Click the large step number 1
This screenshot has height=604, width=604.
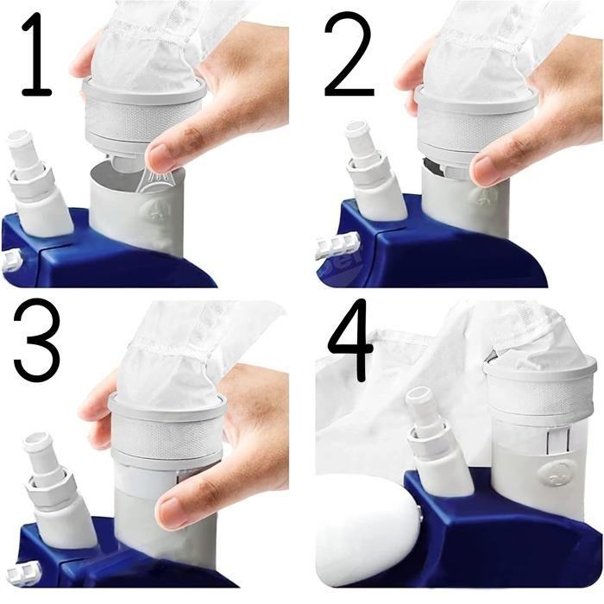35,54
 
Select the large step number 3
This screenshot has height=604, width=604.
36,340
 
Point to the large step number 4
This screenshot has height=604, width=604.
349,340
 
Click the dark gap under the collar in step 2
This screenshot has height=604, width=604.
433,167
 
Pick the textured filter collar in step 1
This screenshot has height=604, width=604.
143,116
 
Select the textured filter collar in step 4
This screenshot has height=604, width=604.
539,385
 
